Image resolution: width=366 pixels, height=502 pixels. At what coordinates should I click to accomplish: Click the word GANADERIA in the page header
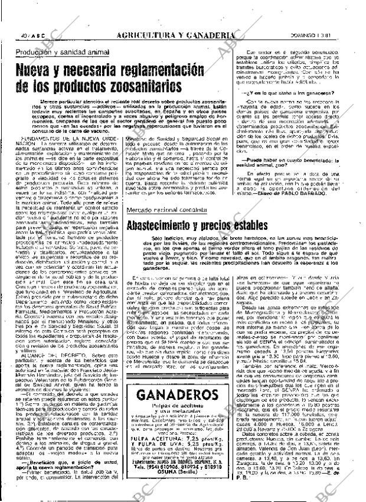(207, 35)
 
